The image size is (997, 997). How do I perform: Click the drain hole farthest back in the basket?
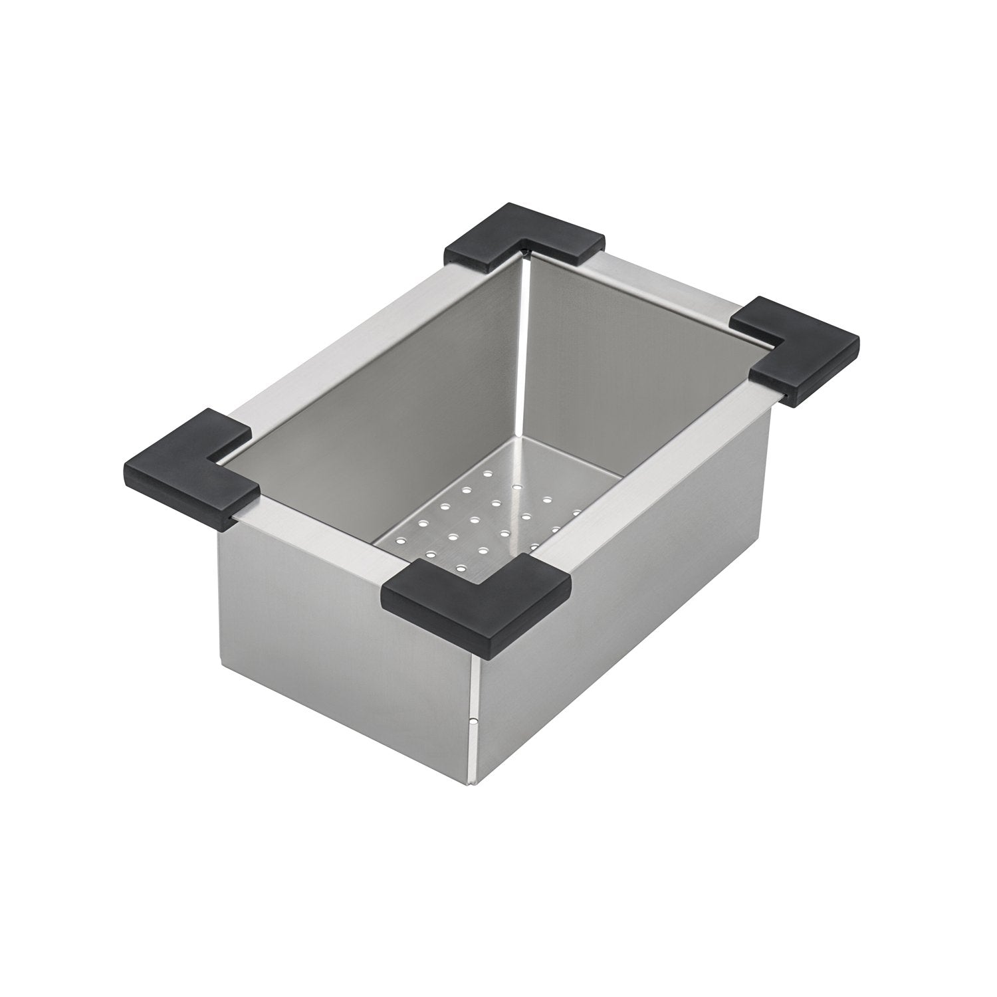(487, 474)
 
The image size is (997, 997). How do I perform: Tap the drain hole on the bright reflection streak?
(517, 487)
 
